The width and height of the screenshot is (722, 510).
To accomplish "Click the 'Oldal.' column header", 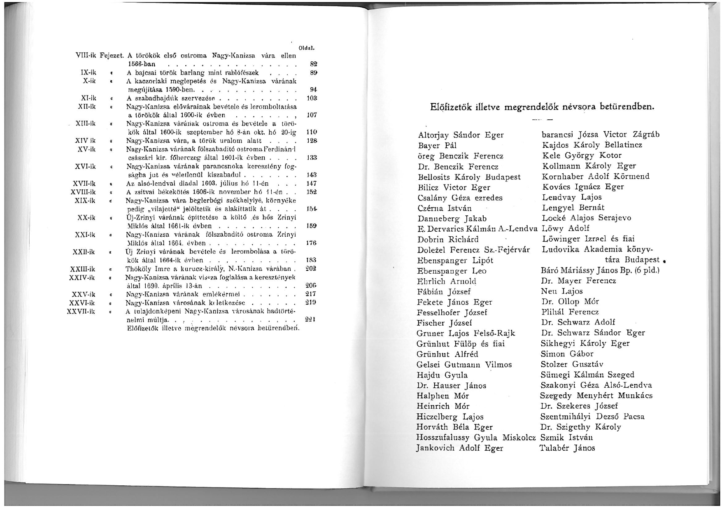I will pos(309,48).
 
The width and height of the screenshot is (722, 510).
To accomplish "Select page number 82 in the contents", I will pos(313,64).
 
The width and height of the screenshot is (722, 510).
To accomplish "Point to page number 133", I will pos(312,158).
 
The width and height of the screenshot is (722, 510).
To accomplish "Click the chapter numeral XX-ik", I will pos(86,217).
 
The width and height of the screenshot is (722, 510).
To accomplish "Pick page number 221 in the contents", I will pos(311,319).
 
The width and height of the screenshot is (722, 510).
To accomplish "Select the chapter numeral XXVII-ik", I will pos(81,311).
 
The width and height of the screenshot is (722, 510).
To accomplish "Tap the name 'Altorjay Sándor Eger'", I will pos(461,135).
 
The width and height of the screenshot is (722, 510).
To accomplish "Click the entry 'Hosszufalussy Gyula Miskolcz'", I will pos(476,438).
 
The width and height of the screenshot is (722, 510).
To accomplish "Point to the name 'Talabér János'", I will pos(567,448).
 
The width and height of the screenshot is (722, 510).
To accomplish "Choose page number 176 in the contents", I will pos(312,243).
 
